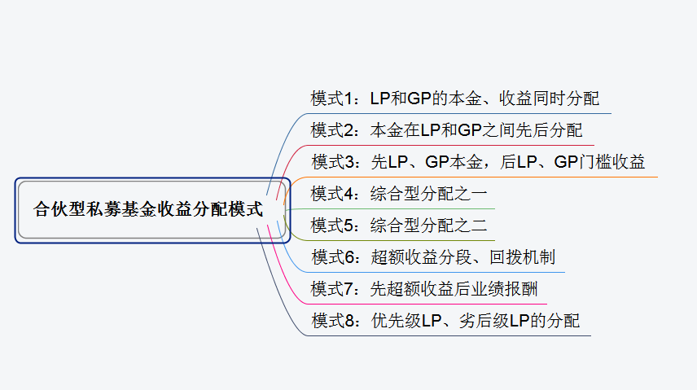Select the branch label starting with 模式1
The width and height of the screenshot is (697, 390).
coord(455,99)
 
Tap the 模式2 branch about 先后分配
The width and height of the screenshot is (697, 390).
coord(447,130)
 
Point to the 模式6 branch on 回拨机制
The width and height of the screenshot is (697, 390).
coord(433,257)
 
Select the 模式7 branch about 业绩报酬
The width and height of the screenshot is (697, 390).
coord(424,289)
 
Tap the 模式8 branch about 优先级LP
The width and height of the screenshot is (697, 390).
coord(446,321)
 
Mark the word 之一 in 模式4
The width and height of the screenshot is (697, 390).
coord(473,194)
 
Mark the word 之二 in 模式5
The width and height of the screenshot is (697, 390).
coord(473,226)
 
